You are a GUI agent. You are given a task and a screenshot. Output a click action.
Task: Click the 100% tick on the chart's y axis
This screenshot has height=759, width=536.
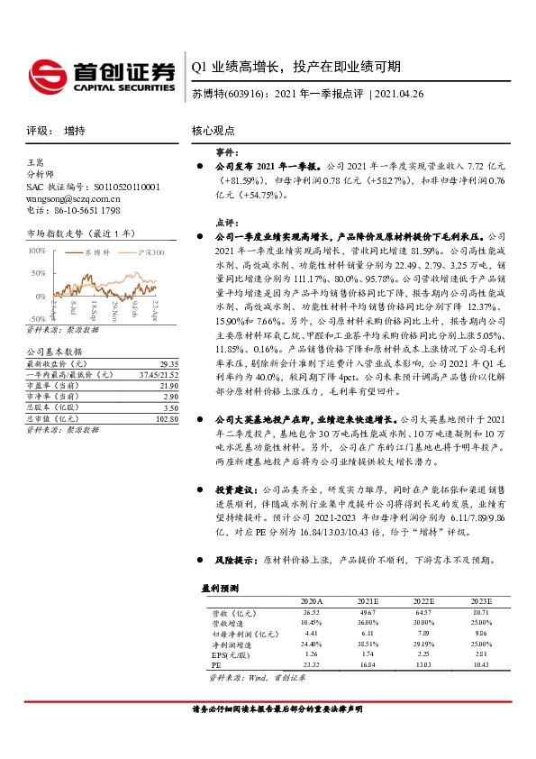(x=36, y=250)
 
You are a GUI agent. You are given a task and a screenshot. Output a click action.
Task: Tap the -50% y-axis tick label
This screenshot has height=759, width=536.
(x=36, y=318)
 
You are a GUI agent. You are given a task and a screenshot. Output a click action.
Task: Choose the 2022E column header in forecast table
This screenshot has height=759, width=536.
(x=422, y=599)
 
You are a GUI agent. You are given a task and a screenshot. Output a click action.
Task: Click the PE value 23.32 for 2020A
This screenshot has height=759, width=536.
(x=312, y=664)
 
